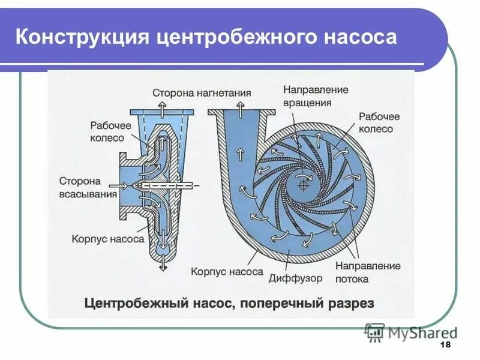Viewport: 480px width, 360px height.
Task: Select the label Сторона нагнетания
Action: (202, 93)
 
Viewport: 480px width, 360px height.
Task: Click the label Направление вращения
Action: (316, 96)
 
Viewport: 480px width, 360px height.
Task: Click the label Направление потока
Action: (368, 272)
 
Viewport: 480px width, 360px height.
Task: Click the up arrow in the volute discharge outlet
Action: (239, 110)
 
